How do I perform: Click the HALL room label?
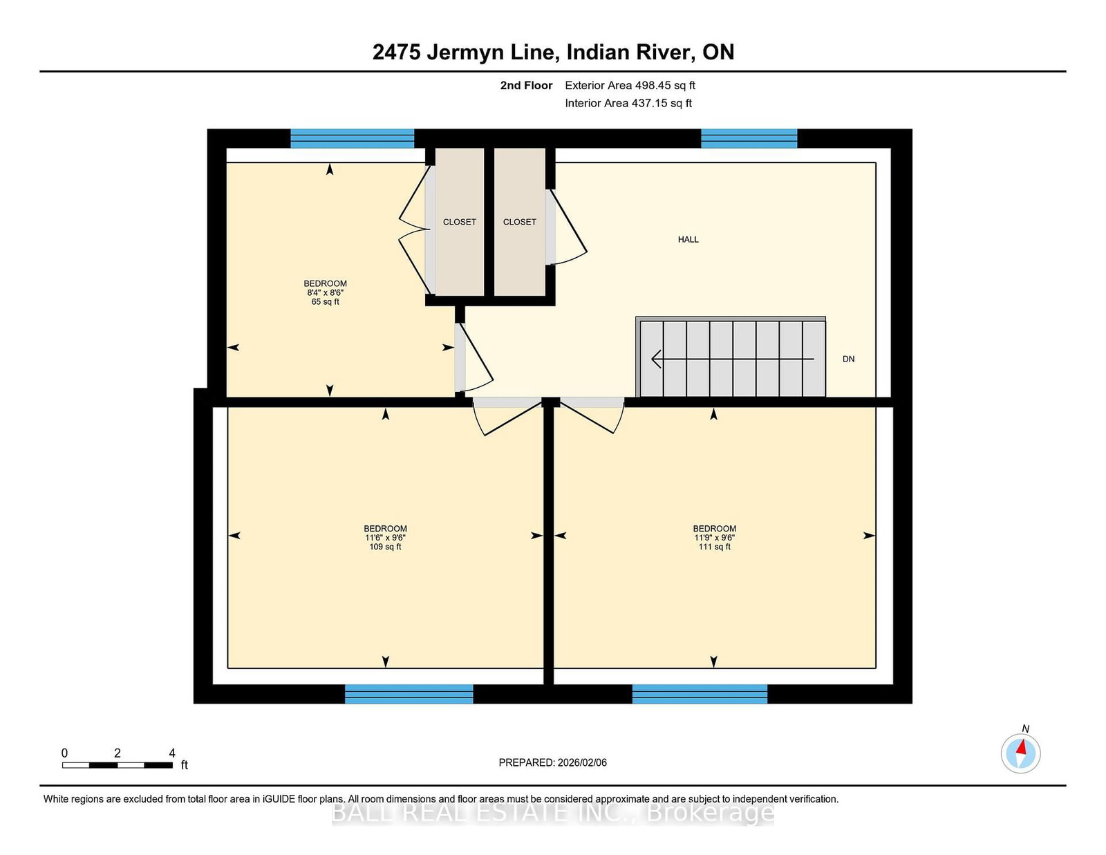688,240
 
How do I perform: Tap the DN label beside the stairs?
848,359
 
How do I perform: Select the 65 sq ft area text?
326,302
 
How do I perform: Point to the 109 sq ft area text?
385,547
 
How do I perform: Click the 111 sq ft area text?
714,547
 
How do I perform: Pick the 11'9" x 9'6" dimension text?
714,538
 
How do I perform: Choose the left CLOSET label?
460,223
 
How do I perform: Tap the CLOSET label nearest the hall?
520,223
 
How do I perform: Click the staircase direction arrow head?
655,359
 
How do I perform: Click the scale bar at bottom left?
118,765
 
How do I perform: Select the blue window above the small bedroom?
353,138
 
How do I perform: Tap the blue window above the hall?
749,138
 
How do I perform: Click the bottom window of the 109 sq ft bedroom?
409,694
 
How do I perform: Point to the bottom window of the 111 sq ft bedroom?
700,694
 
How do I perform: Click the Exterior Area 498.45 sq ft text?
630,86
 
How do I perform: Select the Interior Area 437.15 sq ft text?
628,103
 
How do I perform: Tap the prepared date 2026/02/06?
582,763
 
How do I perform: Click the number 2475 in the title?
397,53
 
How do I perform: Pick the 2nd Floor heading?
526,86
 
